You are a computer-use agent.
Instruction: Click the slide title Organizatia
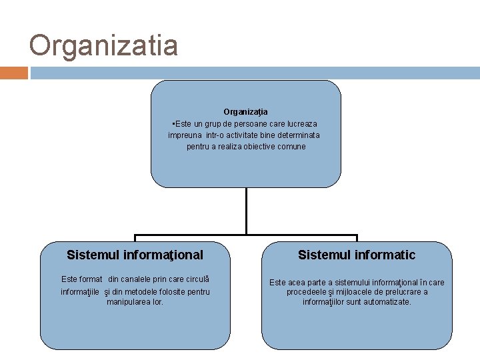pos(103,46)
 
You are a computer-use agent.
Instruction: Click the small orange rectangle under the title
pos(13,73)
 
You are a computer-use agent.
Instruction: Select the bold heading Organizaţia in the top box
pos(245,111)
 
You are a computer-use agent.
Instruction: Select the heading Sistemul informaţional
pos(135,255)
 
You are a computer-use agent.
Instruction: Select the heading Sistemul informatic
pos(357,255)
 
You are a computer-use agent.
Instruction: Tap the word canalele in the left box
pos(135,279)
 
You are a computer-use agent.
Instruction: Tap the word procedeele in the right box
pos(309,292)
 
